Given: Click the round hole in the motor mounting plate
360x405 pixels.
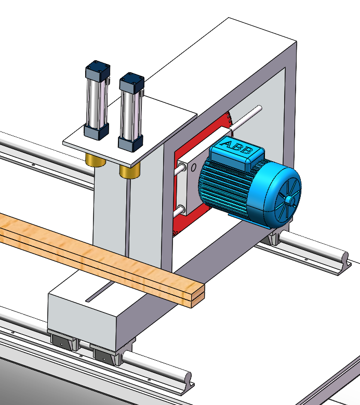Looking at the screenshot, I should pyautogui.click(x=193, y=168).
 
